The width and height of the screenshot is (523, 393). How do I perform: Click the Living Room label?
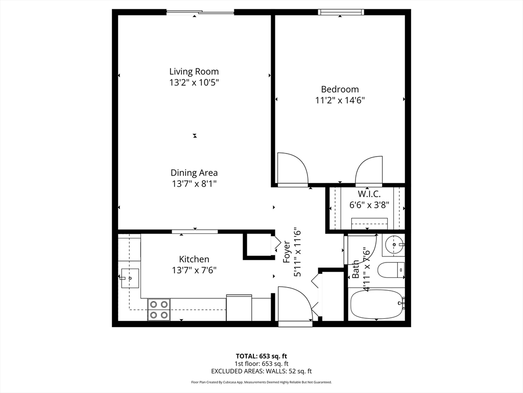(194, 72)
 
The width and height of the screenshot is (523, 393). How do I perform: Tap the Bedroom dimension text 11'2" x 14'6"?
(340, 100)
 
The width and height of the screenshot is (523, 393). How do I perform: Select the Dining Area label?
(194, 173)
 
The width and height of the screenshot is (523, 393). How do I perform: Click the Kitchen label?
(194, 259)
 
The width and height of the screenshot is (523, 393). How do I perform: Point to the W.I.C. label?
(369, 194)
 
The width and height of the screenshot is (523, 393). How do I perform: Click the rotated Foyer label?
(287, 252)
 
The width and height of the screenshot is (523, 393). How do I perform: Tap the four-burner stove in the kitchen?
(159, 310)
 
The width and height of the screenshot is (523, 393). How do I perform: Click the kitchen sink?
(130, 278)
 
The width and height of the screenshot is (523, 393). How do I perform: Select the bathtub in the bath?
(375, 304)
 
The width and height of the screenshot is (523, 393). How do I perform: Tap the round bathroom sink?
(394, 245)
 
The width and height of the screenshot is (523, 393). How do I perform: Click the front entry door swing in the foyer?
(294, 304)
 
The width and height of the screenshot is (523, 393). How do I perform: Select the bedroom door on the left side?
(292, 169)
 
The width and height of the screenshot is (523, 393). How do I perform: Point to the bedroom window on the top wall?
(341, 12)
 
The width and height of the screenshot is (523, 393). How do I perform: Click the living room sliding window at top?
(200, 12)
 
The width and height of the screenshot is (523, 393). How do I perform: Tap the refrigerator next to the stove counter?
(239, 308)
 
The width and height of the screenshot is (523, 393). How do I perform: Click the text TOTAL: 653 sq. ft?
(261, 356)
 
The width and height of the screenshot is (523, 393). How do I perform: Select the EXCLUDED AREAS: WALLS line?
(261, 371)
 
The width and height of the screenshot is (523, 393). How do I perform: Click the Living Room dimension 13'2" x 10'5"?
(194, 82)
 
